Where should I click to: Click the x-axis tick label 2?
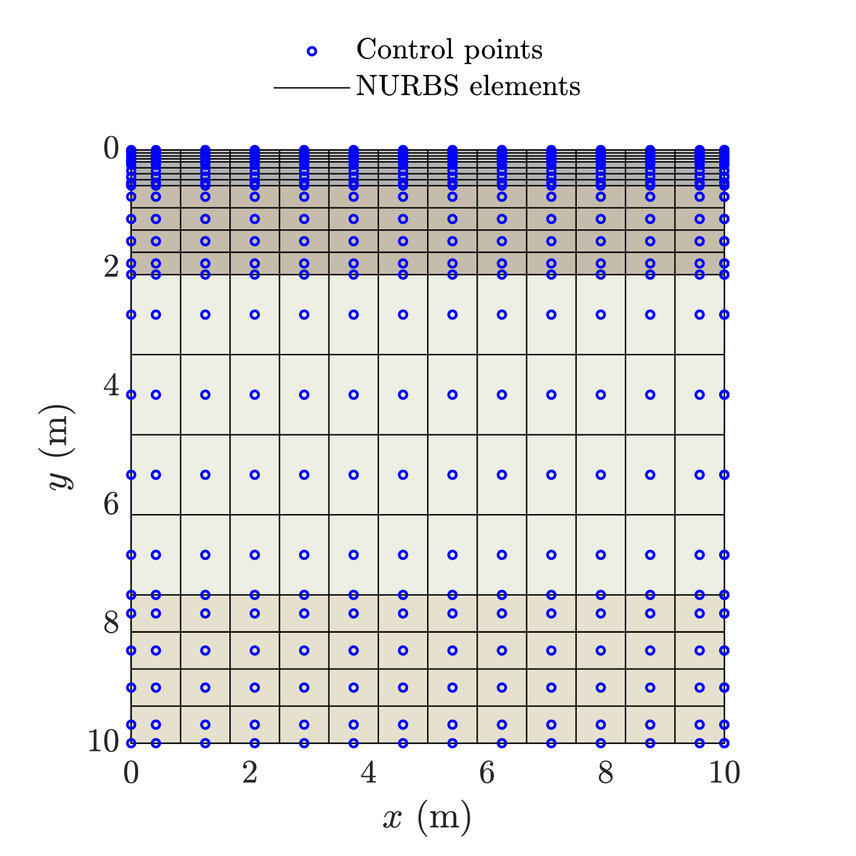(x=249, y=773)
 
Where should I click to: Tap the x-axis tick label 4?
(x=368, y=773)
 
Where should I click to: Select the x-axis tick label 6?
(x=487, y=773)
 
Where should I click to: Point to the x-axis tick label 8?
(x=605, y=773)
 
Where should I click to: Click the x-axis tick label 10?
(x=725, y=773)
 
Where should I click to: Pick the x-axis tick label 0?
(x=131, y=773)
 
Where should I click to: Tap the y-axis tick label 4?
(x=111, y=385)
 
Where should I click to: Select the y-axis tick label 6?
(x=111, y=504)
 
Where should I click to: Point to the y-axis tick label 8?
(x=111, y=622)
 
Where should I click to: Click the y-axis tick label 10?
(x=103, y=741)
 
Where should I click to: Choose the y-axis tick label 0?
(x=111, y=148)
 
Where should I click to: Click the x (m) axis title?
(x=427, y=818)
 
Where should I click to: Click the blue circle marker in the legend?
(x=312, y=52)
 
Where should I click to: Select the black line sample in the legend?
(x=311, y=88)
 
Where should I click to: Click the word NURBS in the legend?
(x=408, y=85)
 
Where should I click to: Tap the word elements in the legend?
(x=524, y=85)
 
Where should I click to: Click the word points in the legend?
(x=503, y=51)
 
